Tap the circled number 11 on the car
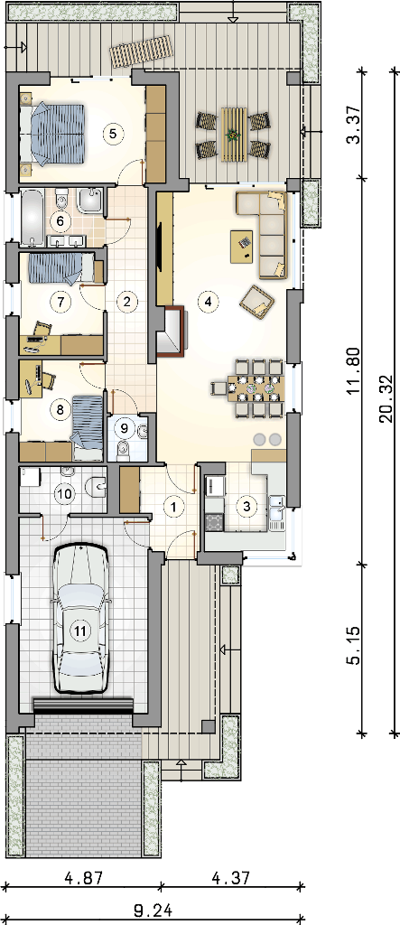click(81, 630)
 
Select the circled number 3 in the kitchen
click(247, 506)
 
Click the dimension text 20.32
click(386, 400)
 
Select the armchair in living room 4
click(257, 300)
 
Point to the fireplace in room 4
click(171, 332)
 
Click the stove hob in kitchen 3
click(214, 522)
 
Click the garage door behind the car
click(83, 705)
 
